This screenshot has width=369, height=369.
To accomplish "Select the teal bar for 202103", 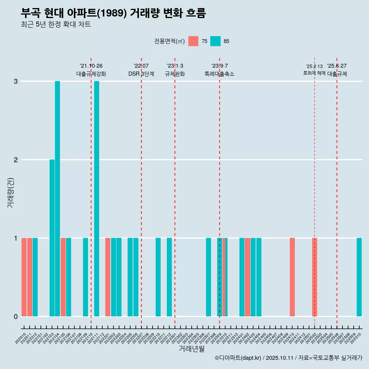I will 52,238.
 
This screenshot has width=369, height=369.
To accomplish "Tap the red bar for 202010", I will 24,277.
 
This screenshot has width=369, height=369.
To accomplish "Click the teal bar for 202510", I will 359,277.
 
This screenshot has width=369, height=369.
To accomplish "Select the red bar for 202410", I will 292,277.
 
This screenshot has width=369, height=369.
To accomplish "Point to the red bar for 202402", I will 248,277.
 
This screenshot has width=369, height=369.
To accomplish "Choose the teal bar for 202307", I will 208,277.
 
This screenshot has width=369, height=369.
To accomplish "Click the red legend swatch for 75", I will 193,41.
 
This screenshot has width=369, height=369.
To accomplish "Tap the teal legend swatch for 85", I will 215,41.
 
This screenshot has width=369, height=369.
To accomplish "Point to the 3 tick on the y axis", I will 16,81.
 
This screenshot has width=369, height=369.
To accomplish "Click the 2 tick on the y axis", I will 16,160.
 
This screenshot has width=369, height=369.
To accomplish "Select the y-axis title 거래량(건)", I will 10,192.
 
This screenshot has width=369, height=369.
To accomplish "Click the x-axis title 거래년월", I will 191,349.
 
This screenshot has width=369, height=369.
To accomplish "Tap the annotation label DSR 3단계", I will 141,74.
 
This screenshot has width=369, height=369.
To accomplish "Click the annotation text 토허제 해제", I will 314,73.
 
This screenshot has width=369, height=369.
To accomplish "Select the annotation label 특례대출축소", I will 219,74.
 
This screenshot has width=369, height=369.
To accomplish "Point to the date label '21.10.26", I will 91,66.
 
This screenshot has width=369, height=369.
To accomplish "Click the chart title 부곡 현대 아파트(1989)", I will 113,13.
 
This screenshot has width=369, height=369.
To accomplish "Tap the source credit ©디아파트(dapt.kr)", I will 238,358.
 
